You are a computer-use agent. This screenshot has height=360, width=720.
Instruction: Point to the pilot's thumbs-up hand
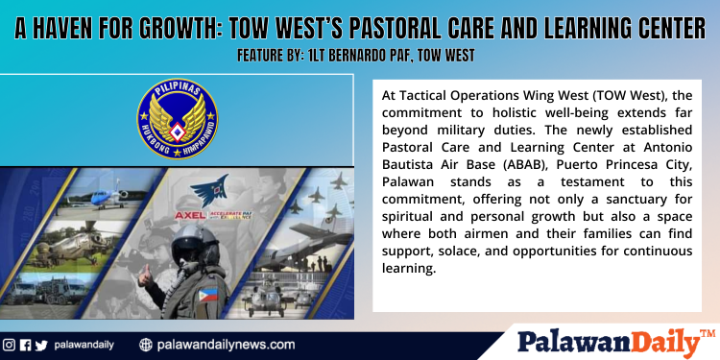pyautogui.click(x=146, y=281)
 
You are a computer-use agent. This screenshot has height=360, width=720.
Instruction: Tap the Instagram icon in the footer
pyautogui.click(x=9, y=345)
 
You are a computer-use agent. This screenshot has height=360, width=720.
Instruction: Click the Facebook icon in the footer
pyautogui.click(x=25, y=345)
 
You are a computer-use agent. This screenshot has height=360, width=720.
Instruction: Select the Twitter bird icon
pyautogui.click(x=40, y=345)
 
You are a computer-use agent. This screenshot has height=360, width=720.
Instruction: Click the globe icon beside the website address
pyautogui.click(x=146, y=345)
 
